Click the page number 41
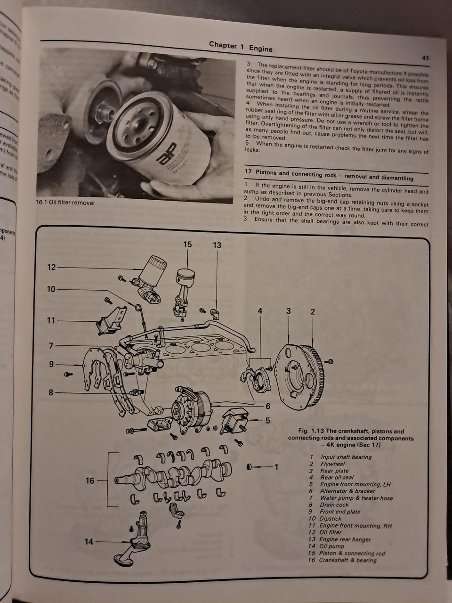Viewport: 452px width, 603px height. click(x=425, y=58)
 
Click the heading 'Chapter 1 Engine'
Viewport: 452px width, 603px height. click(x=241, y=46)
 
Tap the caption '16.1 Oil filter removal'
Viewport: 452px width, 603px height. click(x=65, y=203)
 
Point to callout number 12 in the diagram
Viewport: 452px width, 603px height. click(x=51, y=267)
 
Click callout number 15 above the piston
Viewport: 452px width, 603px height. click(x=188, y=244)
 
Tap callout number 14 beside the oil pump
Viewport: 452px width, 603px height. click(x=89, y=542)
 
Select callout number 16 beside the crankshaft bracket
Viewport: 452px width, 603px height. click(x=90, y=481)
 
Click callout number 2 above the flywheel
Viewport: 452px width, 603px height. click(x=313, y=311)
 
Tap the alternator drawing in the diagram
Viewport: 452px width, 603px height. click(x=191, y=410)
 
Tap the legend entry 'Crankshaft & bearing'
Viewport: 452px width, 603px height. click(x=347, y=560)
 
